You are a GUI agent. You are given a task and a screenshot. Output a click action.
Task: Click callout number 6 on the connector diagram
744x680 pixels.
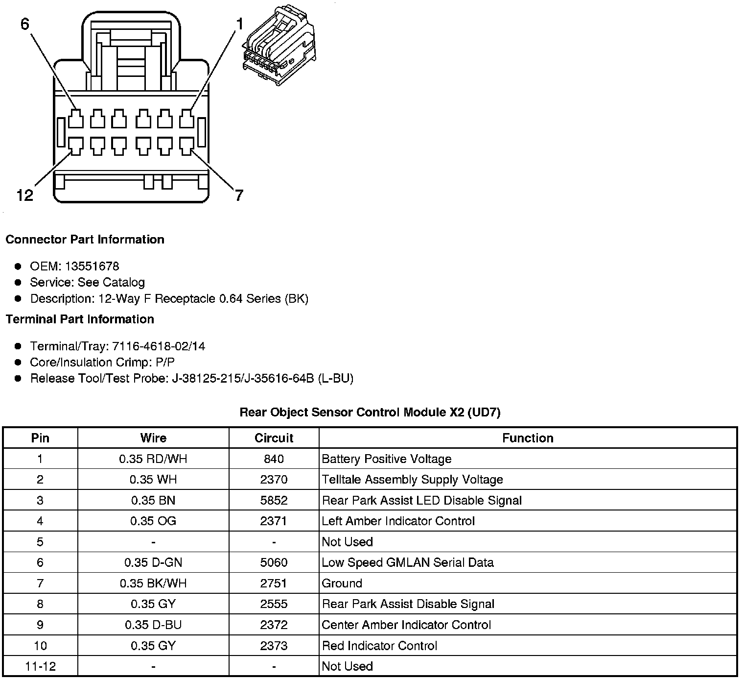click(x=25, y=24)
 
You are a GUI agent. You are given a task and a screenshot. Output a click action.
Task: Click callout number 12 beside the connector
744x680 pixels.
click(x=24, y=195)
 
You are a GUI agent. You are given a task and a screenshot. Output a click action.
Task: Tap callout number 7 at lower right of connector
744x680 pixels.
click(x=239, y=195)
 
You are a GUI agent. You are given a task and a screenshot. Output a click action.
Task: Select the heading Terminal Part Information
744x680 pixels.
click(x=80, y=319)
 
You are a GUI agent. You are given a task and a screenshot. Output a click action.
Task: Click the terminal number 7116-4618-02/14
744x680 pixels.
click(x=159, y=346)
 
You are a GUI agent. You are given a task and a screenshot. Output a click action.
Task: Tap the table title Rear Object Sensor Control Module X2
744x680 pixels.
click(x=370, y=412)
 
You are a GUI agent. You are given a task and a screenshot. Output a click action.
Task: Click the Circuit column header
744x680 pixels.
click(x=274, y=438)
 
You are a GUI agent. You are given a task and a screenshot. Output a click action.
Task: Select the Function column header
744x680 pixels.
click(x=528, y=438)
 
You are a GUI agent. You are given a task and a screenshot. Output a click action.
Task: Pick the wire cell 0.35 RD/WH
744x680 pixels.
click(x=153, y=459)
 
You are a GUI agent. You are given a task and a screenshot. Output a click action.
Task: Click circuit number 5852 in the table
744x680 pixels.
click(x=274, y=500)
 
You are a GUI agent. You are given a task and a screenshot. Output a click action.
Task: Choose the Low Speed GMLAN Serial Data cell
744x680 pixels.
click(x=408, y=562)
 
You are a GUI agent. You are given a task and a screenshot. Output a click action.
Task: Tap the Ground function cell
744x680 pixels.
click(x=342, y=583)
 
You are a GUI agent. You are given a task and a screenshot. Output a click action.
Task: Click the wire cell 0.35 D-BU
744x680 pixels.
click(x=153, y=625)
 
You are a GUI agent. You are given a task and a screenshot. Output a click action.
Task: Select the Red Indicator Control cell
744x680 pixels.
click(x=379, y=646)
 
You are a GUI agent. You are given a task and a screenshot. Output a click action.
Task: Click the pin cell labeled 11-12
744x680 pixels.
click(x=40, y=666)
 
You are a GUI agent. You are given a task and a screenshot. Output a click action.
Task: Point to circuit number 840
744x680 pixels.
click(x=274, y=459)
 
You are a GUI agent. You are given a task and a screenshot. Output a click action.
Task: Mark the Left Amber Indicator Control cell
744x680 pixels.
click(x=398, y=521)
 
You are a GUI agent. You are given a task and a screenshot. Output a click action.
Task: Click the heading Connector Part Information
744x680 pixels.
click(x=85, y=240)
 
